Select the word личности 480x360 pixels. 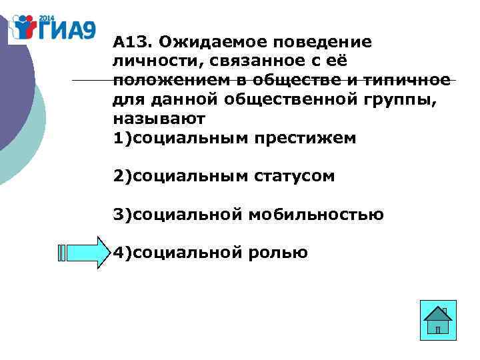click(147, 62)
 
